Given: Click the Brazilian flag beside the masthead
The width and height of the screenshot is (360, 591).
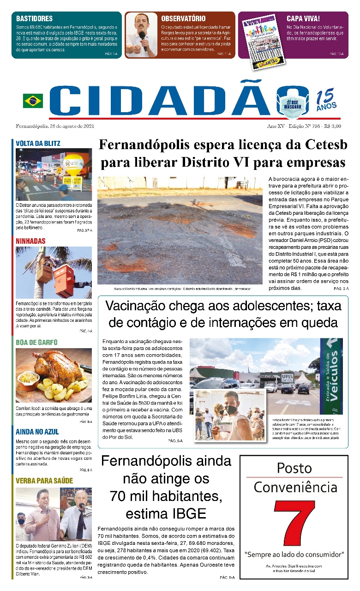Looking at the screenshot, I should point(33,101).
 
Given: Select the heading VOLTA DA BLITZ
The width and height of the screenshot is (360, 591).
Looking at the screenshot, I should point(38,144).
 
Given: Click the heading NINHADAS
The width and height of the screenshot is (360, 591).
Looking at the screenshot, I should point(30,241).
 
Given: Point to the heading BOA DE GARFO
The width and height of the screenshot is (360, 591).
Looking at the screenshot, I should point(36,343).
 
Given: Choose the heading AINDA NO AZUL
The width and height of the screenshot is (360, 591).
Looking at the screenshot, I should point(37,432).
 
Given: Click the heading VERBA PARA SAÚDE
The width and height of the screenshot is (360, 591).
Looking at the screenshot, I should point(44,481).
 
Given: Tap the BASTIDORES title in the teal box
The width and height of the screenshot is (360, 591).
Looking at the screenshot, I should point(34,19).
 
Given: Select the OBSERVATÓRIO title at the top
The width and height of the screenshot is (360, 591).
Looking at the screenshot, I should point(183,18).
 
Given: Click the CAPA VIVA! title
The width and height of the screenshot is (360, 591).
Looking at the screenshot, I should point(303,18).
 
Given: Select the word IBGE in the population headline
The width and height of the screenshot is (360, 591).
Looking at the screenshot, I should point(189,513).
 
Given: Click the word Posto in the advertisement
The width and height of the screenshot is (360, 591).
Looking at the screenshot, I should point(294,468).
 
